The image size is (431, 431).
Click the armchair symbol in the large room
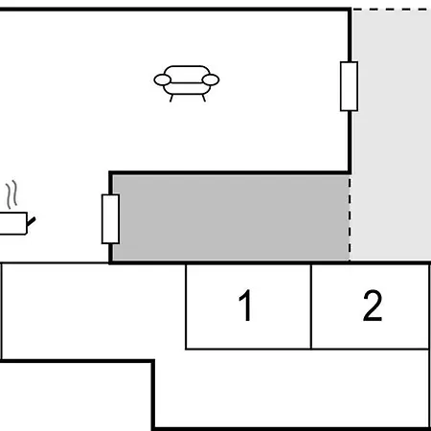[187, 83]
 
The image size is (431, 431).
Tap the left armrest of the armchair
[163, 79]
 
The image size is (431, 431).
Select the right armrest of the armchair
[211, 79]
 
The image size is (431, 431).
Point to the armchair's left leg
[171, 98]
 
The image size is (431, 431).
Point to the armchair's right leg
[204, 98]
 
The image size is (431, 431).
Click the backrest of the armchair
[187, 71]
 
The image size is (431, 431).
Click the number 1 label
[245, 306]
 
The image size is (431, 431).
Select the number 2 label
[373, 306]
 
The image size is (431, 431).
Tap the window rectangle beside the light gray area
[349, 86]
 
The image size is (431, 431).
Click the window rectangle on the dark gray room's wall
[110, 219]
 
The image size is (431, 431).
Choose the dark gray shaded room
[231, 217]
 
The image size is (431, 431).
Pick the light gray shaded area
[391, 134]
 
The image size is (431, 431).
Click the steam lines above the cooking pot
[11, 194]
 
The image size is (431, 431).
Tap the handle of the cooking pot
[31, 221]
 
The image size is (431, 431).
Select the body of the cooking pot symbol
[13, 223]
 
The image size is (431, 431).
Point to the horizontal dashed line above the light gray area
[392, 10]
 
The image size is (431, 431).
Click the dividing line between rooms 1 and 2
[311, 306]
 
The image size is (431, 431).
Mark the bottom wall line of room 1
[248, 349]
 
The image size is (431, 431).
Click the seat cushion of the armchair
[187, 88]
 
